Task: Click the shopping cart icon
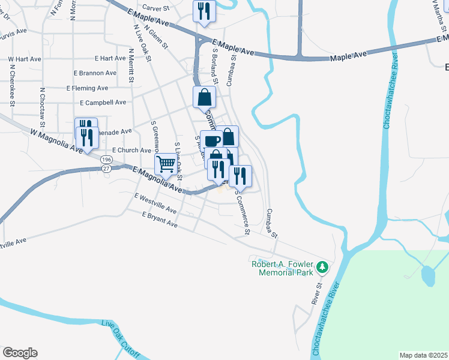coord(165,163)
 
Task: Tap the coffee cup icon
coord(210,140)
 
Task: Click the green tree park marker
coord(322,266)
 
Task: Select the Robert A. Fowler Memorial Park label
coord(283,268)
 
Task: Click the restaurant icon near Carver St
coord(204,11)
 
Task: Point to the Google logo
coord(20,353)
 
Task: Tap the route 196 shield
coord(106,160)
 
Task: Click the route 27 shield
coord(106,169)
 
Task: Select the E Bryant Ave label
coord(160,220)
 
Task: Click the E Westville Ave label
coord(155,204)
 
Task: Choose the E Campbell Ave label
coord(103,103)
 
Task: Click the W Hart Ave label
coord(24,59)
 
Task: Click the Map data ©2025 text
coord(424,355)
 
